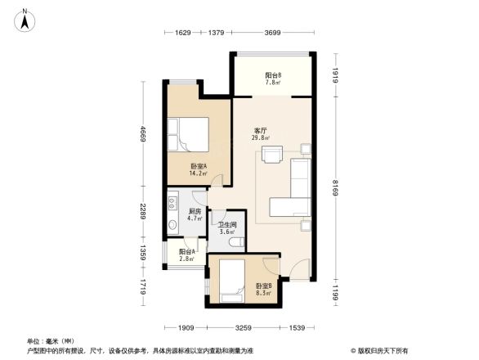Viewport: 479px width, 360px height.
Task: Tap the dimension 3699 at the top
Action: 273,34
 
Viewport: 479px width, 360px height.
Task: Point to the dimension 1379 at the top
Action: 217,34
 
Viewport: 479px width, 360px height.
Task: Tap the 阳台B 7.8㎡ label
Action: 273,79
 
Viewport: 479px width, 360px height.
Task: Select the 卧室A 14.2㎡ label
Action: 198,169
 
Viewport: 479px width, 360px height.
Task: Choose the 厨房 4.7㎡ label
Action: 194,214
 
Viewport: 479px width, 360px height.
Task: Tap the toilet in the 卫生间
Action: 235,242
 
